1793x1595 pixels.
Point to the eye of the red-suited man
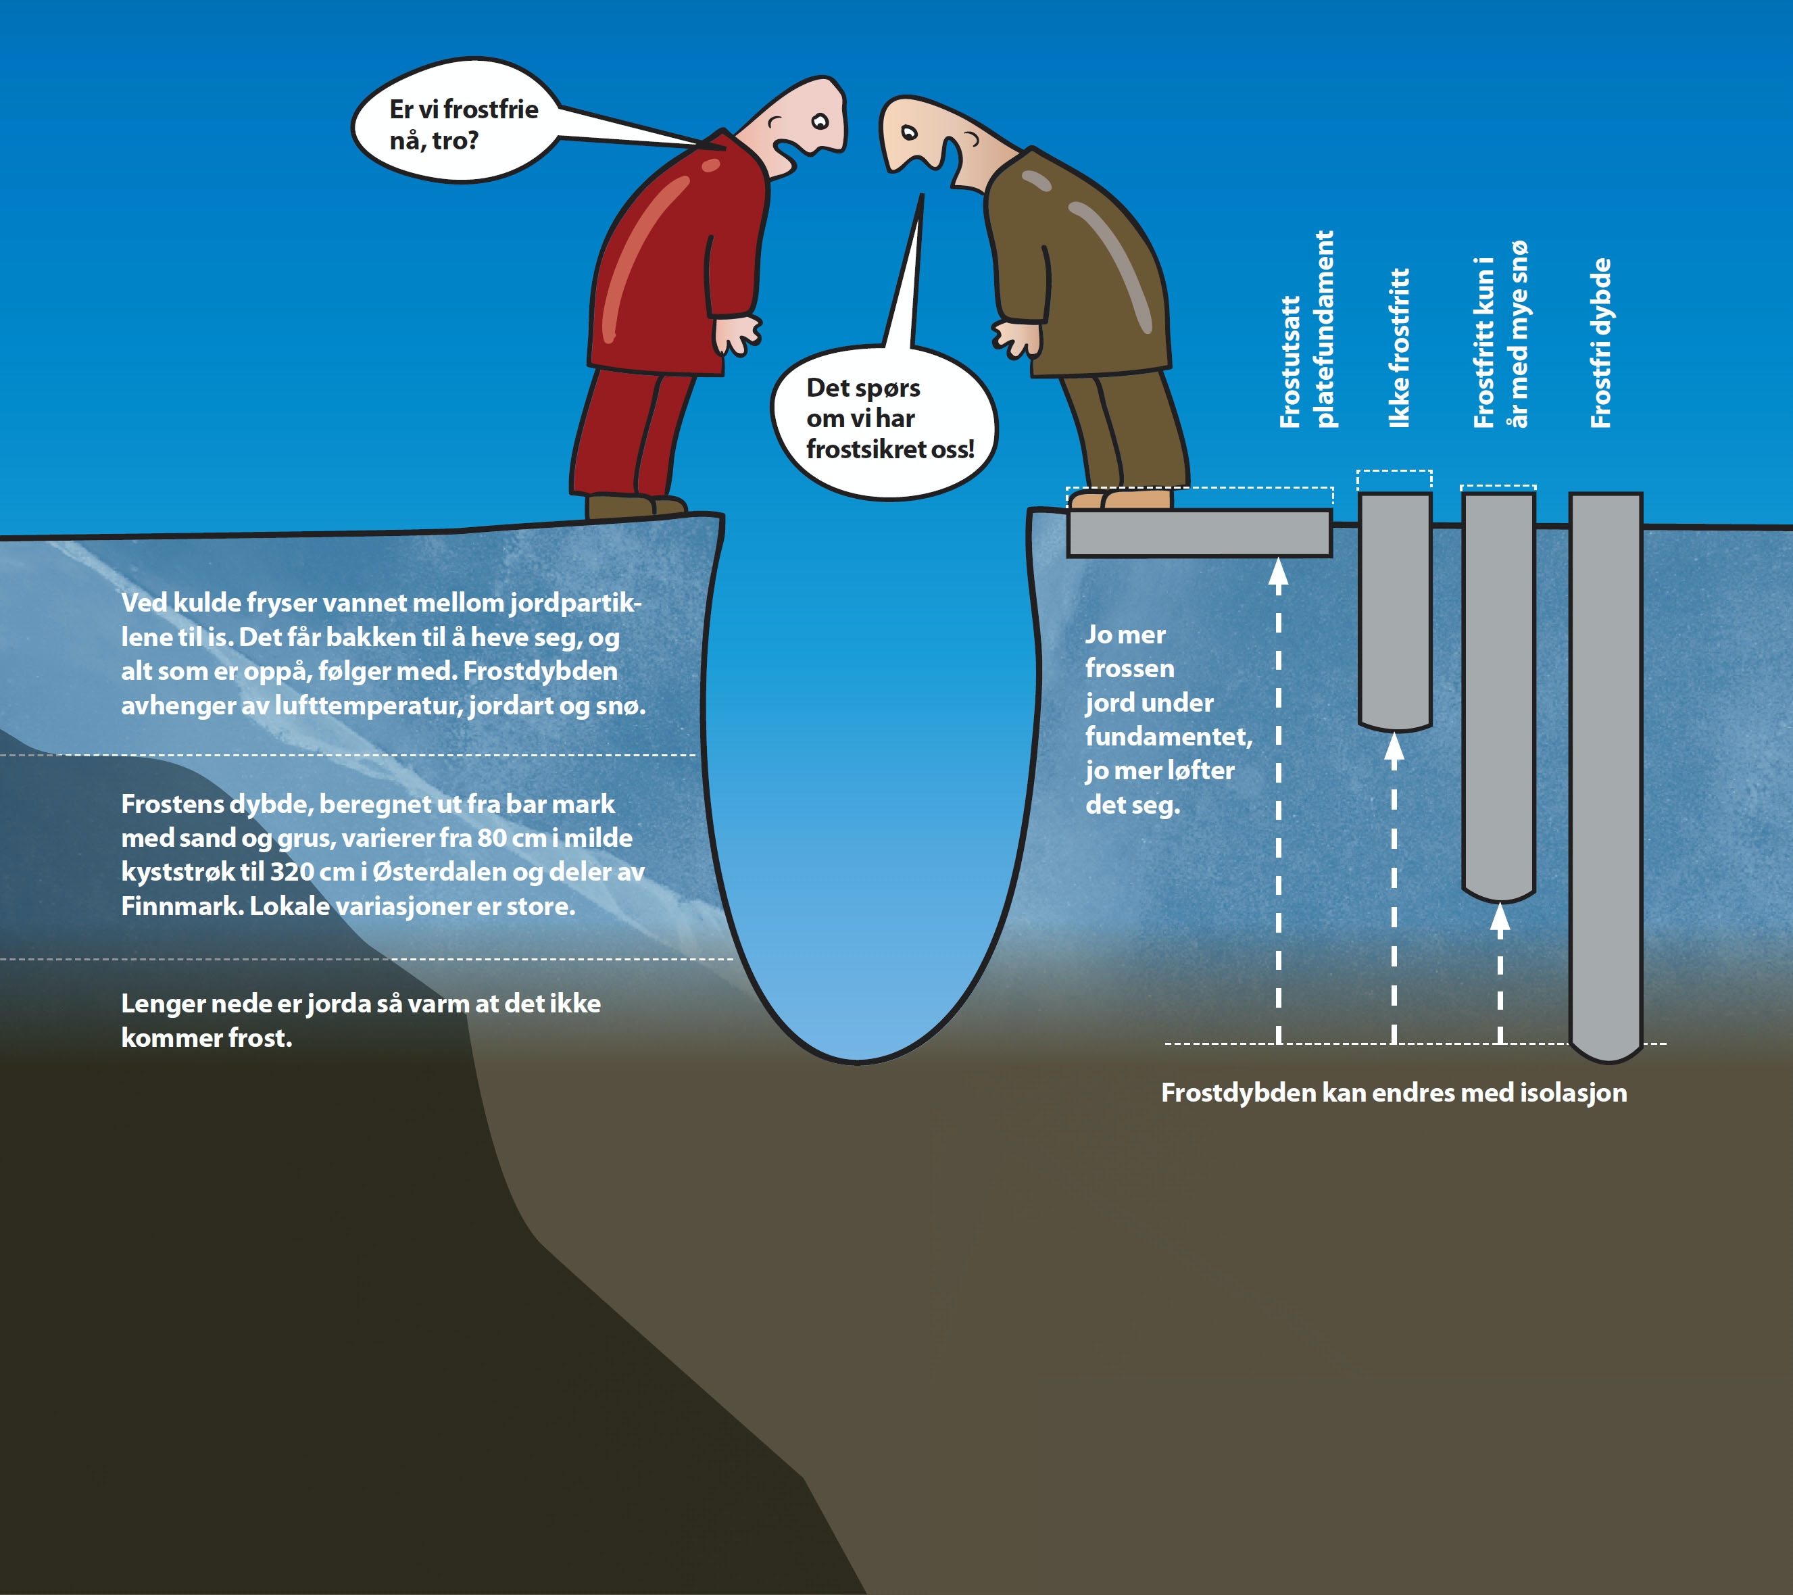click(x=820, y=121)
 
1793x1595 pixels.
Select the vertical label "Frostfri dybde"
click(x=1601, y=342)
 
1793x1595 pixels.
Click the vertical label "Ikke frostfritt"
click(x=1399, y=347)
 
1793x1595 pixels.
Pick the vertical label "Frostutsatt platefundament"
click(x=1306, y=330)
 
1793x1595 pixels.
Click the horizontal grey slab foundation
click(x=1198, y=533)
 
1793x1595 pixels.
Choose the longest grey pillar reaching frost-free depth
click(x=1604, y=772)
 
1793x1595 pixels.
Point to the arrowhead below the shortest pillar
click(x=1394, y=747)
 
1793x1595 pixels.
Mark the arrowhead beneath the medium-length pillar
click(x=1500, y=918)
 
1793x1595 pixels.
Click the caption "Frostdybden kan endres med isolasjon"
click(x=1394, y=1092)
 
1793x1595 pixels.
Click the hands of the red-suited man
click(x=737, y=335)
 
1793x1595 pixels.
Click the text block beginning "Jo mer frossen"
click(x=1166, y=719)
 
